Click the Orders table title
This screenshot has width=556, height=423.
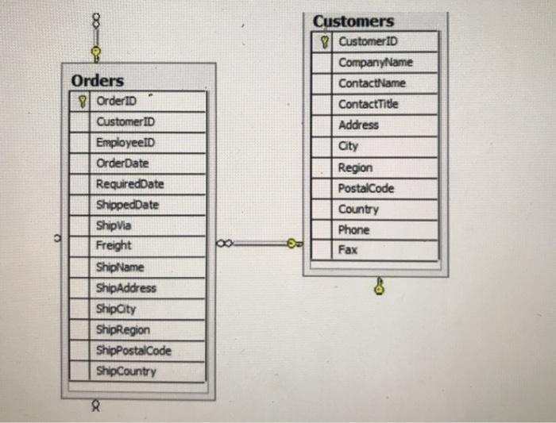point(98,81)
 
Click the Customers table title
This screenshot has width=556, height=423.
point(353,21)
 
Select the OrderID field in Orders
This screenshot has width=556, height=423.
point(117,101)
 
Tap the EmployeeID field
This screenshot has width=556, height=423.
point(126,142)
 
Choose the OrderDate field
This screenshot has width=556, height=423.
point(122,163)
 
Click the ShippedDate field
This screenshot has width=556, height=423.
point(127,205)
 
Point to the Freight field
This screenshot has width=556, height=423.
point(114,246)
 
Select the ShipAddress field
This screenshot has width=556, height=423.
point(126,288)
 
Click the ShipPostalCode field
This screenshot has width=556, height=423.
point(133,350)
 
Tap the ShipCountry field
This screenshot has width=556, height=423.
point(126,371)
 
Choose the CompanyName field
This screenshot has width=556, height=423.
point(376,62)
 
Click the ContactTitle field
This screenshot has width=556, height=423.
point(369,104)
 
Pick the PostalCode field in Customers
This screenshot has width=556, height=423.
point(366,188)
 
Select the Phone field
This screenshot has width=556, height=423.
point(354,230)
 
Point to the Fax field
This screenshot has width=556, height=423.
point(348,250)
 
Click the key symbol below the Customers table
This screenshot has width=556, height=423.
point(380,286)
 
